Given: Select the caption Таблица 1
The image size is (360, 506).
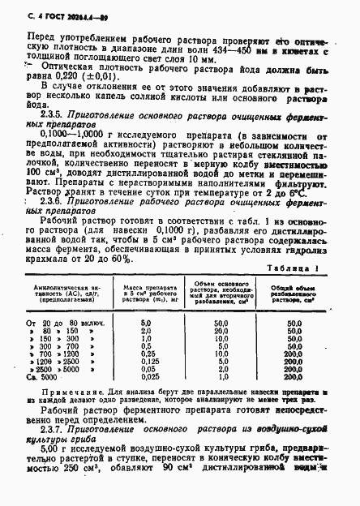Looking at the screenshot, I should [295, 267].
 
